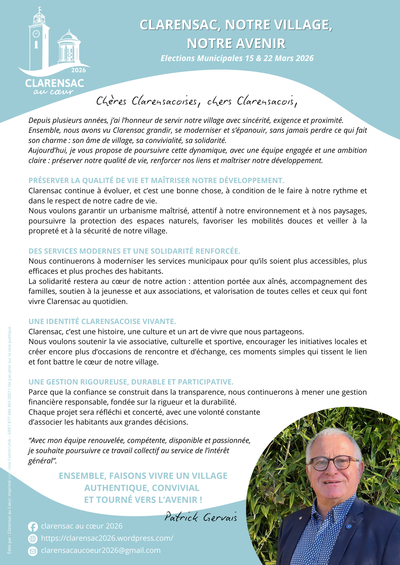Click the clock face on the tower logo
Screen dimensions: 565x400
(x=36, y=34)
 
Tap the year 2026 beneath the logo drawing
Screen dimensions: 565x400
(x=78, y=70)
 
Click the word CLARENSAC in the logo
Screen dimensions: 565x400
(x=55, y=83)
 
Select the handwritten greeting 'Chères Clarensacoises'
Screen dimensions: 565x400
(x=147, y=101)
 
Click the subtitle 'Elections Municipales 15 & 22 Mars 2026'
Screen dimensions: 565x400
(x=237, y=58)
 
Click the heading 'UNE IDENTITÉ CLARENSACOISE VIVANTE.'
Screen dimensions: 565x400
(x=102, y=321)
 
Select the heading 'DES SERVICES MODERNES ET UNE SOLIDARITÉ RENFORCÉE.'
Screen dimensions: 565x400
(x=134, y=251)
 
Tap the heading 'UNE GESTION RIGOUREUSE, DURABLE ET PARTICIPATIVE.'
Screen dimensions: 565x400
(x=131, y=382)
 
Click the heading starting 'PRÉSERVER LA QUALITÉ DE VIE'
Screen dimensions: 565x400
(x=156, y=181)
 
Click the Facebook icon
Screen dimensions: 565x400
(x=33, y=527)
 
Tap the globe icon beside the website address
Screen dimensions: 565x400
(x=33, y=539)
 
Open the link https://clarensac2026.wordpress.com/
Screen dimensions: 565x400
(x=107, y=538)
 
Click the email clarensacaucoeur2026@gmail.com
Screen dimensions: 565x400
(x=101, y=550)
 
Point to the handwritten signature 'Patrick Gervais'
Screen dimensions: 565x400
(x=201, y=517)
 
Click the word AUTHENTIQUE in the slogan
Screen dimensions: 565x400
(x=116, y=488)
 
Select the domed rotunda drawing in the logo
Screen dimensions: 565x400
(x=69, y=48)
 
